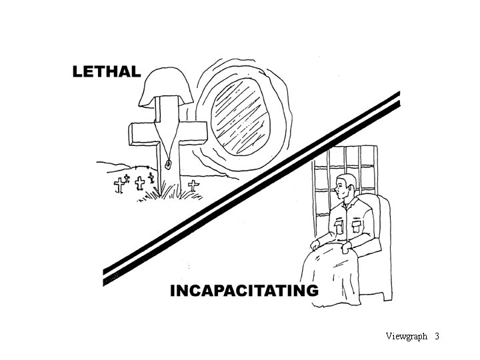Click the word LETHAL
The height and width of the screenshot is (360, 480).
pos(107,72)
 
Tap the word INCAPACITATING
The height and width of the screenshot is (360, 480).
pos(243,291)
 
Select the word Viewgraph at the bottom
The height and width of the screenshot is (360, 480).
pos(406,336)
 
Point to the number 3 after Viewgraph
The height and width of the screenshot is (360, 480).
pos(437,336)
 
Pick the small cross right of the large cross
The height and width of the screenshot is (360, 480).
pos(194,185)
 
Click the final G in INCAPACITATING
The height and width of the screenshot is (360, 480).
pos(311,291)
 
